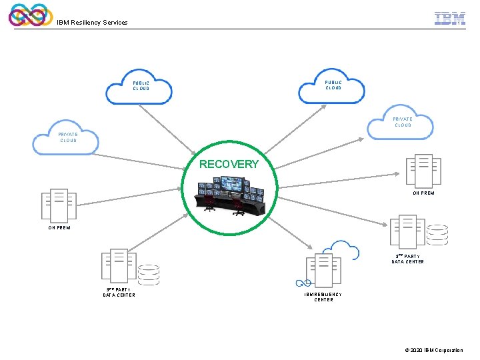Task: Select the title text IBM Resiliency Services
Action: [x=92, y=23]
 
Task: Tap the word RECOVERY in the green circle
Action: [x=229, y=164]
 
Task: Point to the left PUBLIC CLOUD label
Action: [x=141, y=86]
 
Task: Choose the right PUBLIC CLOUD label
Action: [x=333, y=85]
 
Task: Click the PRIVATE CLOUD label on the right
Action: [x=403, y=122]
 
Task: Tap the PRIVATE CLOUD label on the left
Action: [x=69, y=137]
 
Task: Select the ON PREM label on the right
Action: [x=423, y=193]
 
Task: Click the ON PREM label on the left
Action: [x=59, y=227]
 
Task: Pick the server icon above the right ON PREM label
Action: [x=423, y=171]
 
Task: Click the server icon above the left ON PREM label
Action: [x=59, y=205]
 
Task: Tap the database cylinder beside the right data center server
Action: [x=437, y=235]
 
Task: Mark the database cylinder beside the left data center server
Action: [x=148, y=275]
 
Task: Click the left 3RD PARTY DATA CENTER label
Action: [x=119, y=292]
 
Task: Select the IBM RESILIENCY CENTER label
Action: [x=323, y=297]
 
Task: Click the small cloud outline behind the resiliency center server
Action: [x=345, y=251]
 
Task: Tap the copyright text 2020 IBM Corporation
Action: [x=434, y=350]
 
